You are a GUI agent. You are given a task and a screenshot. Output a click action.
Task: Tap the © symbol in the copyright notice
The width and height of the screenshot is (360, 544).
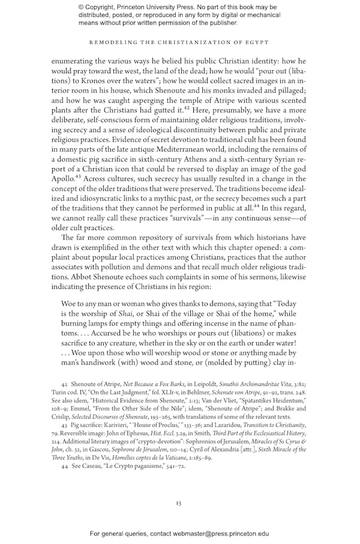81,7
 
